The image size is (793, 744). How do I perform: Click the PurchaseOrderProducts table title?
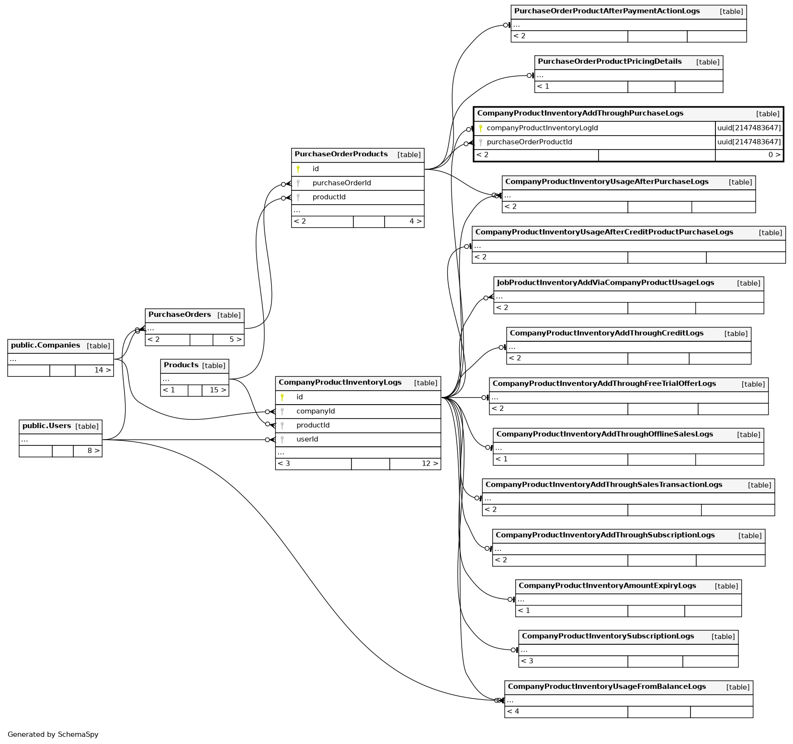point(341,154)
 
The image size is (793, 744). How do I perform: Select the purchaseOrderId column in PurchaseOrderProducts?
point(341,183)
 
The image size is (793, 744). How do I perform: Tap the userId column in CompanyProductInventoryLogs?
point(307,440)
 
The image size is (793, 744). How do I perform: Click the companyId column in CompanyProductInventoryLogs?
point(316,411)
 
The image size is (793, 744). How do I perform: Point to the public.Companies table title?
point(45,346)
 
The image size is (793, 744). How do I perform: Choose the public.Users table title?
point(46,426)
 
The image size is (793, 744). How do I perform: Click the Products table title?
point(181,365)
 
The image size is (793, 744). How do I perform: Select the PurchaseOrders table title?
point(180,315)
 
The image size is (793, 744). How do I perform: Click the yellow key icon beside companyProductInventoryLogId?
point(481,128)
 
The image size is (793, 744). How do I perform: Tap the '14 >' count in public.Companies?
point(102,371)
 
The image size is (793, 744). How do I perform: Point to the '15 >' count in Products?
point(218,390)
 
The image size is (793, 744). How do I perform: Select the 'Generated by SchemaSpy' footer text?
point(53,734)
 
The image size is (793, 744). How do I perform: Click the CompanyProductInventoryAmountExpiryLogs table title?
point(607,586)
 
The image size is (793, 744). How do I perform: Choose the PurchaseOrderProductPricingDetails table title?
point(610,62)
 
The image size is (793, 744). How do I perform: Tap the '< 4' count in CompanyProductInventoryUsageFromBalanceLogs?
point(513,711)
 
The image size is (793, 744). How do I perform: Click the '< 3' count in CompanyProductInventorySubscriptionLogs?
point(527,661)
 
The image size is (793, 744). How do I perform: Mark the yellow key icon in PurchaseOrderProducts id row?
point(298,169)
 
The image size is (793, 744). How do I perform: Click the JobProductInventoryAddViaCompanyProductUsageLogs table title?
point(605,283)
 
